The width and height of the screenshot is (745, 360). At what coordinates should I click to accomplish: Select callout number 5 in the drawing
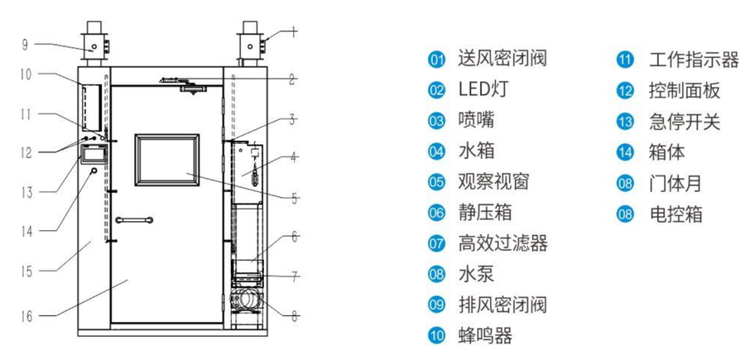(296, 198)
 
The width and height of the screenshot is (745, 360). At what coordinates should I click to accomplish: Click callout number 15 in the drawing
(26, 270)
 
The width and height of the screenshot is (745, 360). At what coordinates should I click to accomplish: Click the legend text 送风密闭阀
(502, 59)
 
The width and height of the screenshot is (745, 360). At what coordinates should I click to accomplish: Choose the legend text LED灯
(483, 89)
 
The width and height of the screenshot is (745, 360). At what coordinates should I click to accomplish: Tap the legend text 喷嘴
(476, 121)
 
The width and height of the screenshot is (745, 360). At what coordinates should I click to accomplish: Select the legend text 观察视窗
(493, 182)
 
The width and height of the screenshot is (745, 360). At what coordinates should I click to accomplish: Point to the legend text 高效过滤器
(502, 243)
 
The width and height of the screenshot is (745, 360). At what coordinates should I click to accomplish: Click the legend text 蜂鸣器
(485, 335)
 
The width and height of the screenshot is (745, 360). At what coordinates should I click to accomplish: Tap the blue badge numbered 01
(437, 60)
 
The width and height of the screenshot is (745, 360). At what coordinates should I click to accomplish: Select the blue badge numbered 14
(625, 153)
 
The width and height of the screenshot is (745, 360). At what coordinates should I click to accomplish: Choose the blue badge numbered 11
(625, 60)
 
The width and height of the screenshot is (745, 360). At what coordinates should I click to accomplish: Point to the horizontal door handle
(134, 219)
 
